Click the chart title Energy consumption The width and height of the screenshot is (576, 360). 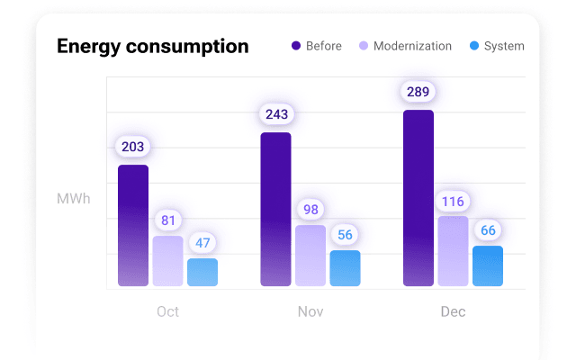tap(152, 46)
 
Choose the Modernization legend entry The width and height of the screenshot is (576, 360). tap(405, 46)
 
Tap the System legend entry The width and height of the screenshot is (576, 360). tap(496, 46)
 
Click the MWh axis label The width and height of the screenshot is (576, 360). tap(73, 199)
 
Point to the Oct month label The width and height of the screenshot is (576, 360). tap(167, 312)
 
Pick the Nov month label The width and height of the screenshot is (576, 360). tap(310, 312)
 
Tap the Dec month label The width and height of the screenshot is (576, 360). tap(453, 312)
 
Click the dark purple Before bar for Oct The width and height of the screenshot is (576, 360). tap(133, 226)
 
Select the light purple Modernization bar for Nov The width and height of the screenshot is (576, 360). tap(310, 256)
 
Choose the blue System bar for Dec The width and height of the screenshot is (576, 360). tap(488, 266)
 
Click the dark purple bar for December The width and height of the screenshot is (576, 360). tap(418, 198)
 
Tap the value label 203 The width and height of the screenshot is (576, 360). tap(133, 147)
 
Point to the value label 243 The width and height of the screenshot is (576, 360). tap(276, 114)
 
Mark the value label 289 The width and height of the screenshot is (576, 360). tap(418, 92)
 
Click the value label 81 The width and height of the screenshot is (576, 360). tap(168, 220)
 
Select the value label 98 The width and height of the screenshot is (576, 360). tap(310, 209)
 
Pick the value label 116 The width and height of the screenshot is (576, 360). tap(453, 201)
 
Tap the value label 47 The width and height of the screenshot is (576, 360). tap(202, 243)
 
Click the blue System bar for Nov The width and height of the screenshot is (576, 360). tap(345, 268)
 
